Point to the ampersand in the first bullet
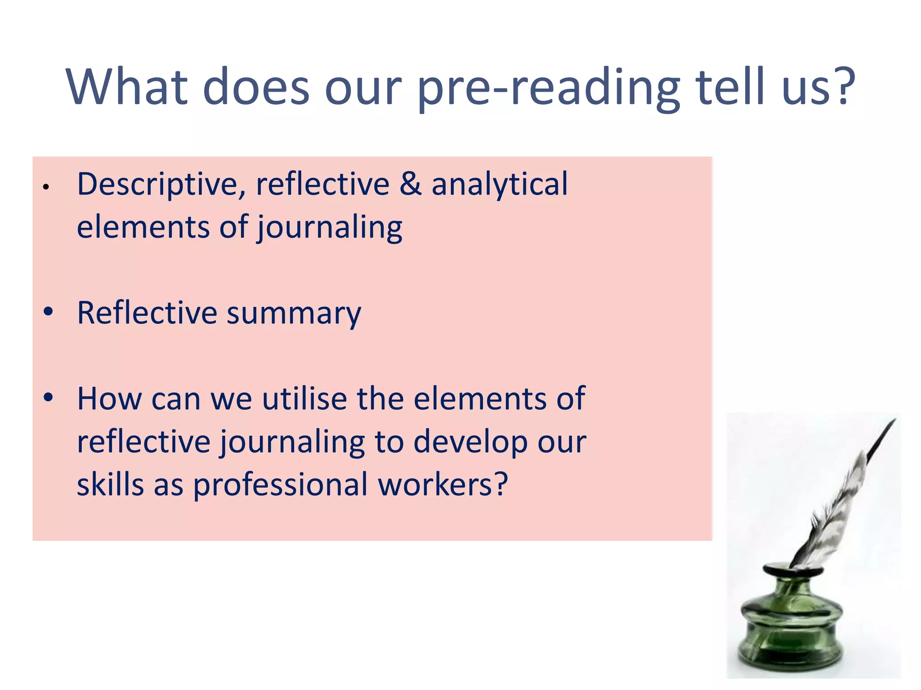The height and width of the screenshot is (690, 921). [410, 184]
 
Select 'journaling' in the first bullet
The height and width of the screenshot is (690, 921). [330, 228]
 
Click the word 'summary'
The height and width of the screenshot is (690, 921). [294, 314]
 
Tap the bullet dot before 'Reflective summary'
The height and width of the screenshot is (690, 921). [49, 311]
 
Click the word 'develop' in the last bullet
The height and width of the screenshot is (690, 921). [470, 442]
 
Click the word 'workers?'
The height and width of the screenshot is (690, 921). [443, 485]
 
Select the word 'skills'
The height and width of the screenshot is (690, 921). [110, 485]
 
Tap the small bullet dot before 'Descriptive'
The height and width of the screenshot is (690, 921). [45, 187]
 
